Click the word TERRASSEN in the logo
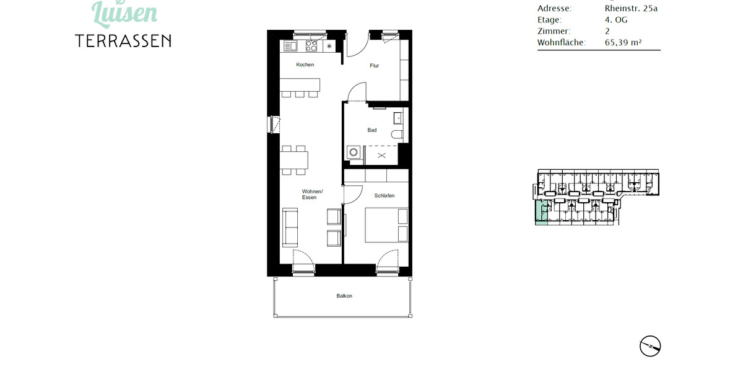pyautogui.click(x=123, y=41)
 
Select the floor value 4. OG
pyautogui.click(x=616, y=20)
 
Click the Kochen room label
pyautogui.click(x=305, y=65)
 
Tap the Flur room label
pyautogui.click(x=375, y=66)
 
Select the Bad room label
pyautogui.click(x=371, y=130)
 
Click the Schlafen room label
pyautogui.click(x=384, y=195)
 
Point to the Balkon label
pyautogui.click(x=344, y=296)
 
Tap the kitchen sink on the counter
pyautogui.click(x=290, y=46)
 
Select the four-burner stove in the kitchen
pyautogui.click(x=311, y=46)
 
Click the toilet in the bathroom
pyautogui.click(x=397, y=133)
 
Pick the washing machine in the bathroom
pyautogui.click(x=354, y=152)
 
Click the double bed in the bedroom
pyautogui.click(x=386, y=225)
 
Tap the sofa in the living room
pyautogui.click(x=290, y=228)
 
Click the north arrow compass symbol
pyautogui.click(x=650, y=345)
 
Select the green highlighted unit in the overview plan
pyautogui.click(x=541, y=214)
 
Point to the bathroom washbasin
pyautogui.click(x=398, y=117)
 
